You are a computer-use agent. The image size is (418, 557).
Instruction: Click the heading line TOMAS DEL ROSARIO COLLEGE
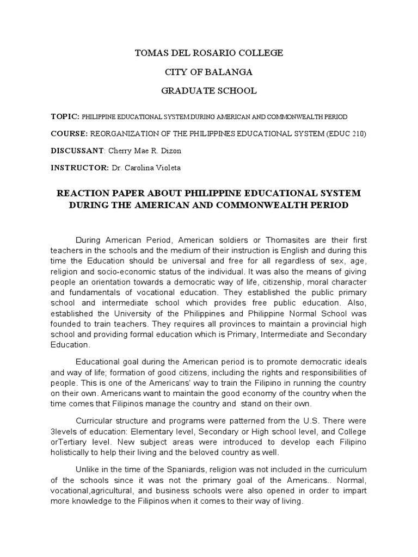208,53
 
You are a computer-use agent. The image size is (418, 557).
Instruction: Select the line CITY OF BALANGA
208,72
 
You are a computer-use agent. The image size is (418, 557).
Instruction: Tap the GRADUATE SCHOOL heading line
208,91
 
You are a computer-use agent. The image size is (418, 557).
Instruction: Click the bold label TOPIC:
65,116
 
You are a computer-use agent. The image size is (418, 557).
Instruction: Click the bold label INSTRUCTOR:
79,169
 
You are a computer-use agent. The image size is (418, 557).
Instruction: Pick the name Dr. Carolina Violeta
146,169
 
